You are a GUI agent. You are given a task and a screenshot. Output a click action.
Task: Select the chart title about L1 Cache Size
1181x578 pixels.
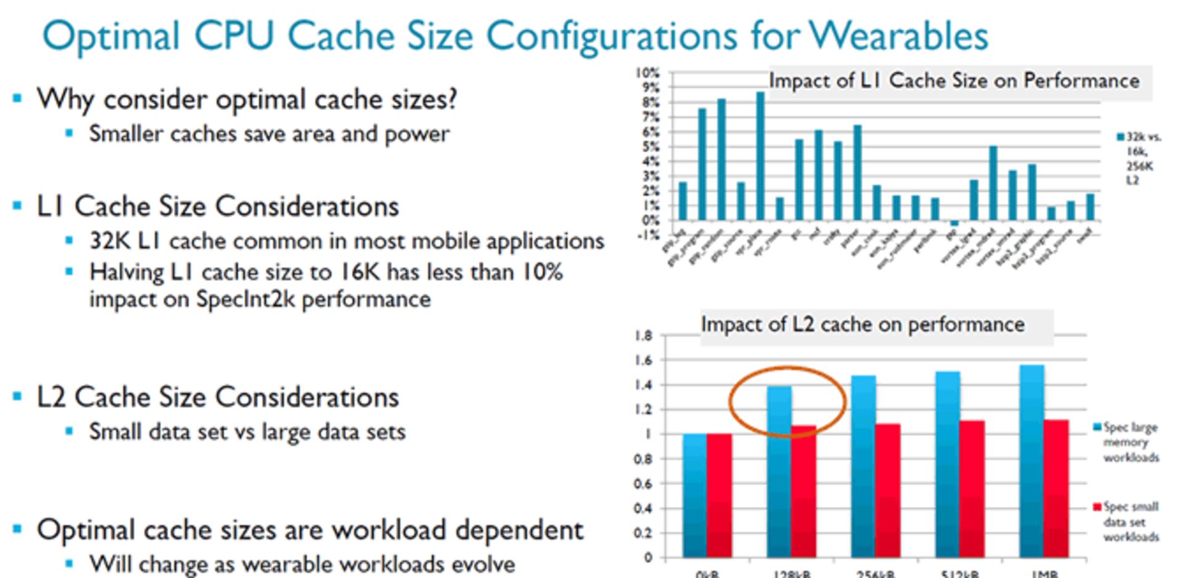(954, 81)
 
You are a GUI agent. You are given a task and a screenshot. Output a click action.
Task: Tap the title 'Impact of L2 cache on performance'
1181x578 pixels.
(862, 324)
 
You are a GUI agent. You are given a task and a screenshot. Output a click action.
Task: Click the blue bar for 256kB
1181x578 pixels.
(864, 467)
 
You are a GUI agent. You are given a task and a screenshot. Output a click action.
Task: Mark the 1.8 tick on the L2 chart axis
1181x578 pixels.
(643, 336)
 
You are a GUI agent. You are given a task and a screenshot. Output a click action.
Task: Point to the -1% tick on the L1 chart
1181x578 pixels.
(649, 235)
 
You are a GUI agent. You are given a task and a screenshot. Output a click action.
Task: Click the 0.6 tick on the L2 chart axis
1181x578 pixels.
(643, 484)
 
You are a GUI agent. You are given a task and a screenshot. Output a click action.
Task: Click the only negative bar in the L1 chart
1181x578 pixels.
(954, 223)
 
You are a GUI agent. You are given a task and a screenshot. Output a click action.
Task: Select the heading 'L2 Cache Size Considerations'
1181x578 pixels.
(218, 397)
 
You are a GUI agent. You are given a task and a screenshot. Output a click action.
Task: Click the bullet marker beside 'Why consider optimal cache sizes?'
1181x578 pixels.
(17, 98)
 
